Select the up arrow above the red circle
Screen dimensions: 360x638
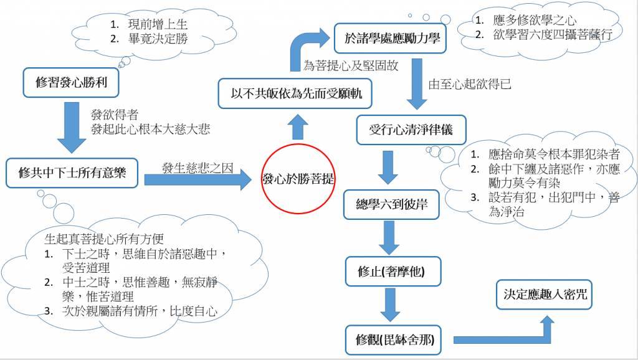pos(298,127)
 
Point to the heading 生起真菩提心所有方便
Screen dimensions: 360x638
pos(111,238)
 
